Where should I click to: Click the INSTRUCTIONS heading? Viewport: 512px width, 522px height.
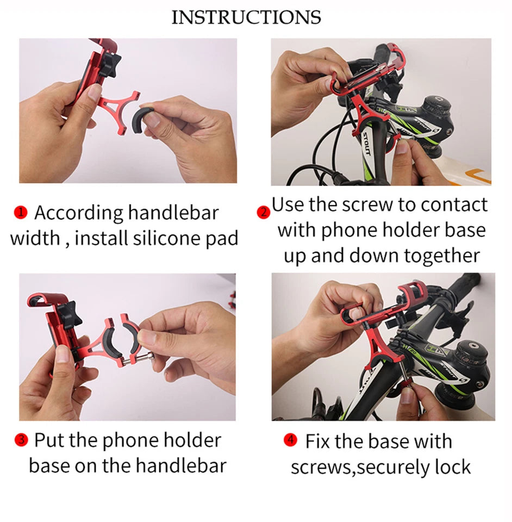(246, 17)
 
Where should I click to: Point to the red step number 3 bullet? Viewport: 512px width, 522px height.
(21, 440)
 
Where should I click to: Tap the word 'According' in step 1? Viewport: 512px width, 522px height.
(78, 213)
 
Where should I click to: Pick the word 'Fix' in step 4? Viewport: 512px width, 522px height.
(317, 440)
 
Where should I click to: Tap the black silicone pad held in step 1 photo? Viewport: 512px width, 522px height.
(145, 115)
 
